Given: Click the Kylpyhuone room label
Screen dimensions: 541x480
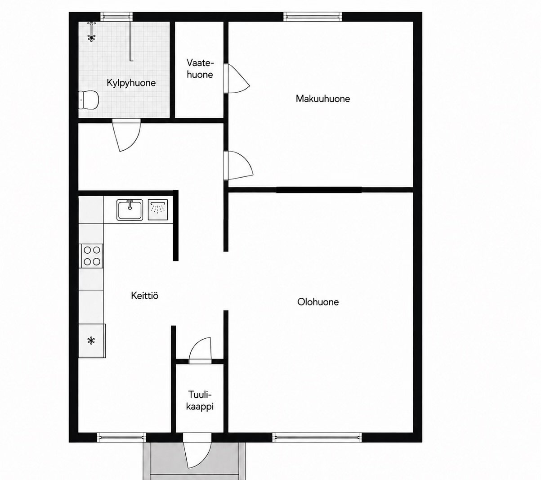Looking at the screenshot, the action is (x=131, y=83).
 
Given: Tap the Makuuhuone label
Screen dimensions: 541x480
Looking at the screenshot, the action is (x=322, y=99).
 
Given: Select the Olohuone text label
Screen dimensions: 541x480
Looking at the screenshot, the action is (x=318, y=302).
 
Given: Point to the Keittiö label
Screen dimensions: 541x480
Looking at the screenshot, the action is (x=144, y=296).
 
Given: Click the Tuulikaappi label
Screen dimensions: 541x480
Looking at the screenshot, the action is (x=200, y=401).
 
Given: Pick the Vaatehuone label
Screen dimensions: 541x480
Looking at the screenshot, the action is (x=200, y=69).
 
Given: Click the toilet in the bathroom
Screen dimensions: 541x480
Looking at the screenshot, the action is (x=89, y=99).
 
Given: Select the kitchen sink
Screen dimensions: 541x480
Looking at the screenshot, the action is (x=130, y=210).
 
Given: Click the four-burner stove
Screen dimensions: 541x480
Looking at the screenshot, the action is (x=91, y=256).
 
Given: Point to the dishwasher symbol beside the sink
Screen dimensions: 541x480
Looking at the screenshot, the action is (x=158, y=210).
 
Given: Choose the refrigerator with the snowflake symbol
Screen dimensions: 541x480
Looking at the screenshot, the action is (x=92, y=341).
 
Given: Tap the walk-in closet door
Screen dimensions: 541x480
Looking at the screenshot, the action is (x=236, y=79).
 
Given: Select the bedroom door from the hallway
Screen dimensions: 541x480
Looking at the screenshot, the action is (x=238, y=166).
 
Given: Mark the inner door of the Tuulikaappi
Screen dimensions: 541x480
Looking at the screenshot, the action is (x=200, y=350).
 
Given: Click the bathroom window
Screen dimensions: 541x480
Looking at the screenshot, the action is (x=116, y=17).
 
